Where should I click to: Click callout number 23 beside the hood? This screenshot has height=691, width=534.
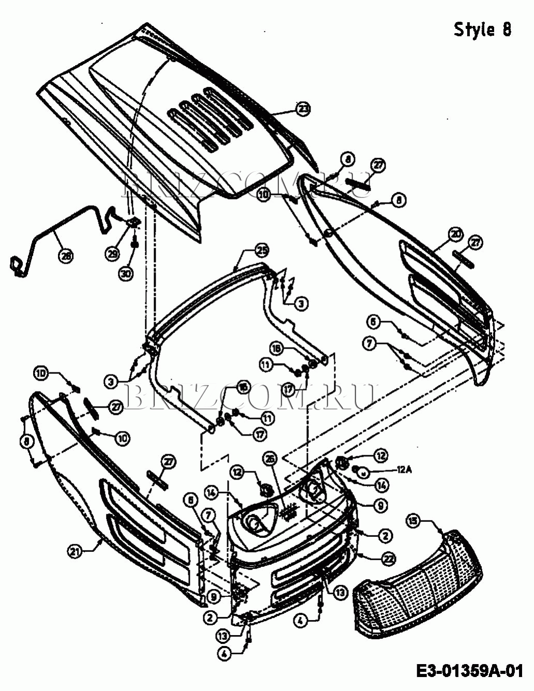(x=303, y=109)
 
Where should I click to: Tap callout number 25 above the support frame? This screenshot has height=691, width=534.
(x=262, y=251)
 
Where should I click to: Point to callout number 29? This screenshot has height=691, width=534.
(x=113, y=253)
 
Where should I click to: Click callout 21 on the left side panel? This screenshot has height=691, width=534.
(x=76, y=551)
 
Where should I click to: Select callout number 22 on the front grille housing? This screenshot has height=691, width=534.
(x=389, y=559)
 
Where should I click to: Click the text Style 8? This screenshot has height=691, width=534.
(x=482, y=30)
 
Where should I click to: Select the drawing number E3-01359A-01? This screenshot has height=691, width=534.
(x=469, y=671)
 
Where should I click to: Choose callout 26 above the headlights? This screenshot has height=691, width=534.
(x=269, y=458)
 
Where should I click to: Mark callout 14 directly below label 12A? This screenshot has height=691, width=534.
(x=381, y=486)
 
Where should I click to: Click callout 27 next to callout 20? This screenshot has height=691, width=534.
(x=475, y=242)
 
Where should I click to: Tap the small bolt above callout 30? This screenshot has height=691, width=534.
(x=135, y=241)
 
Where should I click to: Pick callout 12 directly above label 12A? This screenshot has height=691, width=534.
(x=381, y=456)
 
